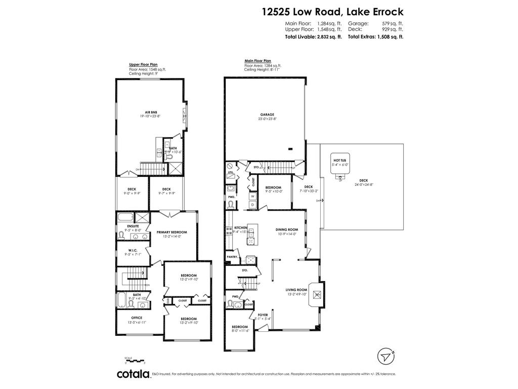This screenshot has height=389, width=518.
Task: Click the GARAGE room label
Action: click(267, 114)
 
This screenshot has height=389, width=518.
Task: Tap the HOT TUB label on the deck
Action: click(340, 160)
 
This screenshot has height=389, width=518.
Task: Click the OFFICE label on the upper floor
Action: click(137, 318)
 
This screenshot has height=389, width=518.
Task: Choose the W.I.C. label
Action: click(133, 250)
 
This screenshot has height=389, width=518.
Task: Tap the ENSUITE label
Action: click(133, 226)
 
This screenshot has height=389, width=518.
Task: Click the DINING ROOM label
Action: click(287, 229)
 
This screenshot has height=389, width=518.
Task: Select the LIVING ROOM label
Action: click(297, 290)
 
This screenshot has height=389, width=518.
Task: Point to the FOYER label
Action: click(263, 315)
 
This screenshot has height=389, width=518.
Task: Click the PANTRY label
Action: click(233, 257)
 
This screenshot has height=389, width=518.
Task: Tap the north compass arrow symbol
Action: click(386, 355)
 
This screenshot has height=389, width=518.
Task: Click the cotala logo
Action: click(134, 374)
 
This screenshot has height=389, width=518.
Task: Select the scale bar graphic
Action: click(135, 360)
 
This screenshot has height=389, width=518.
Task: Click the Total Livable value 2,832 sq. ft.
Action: click(328, 36)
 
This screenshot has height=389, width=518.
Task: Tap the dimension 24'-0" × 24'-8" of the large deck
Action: click(363, 185)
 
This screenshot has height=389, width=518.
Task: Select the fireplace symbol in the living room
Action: click(317, 294)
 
